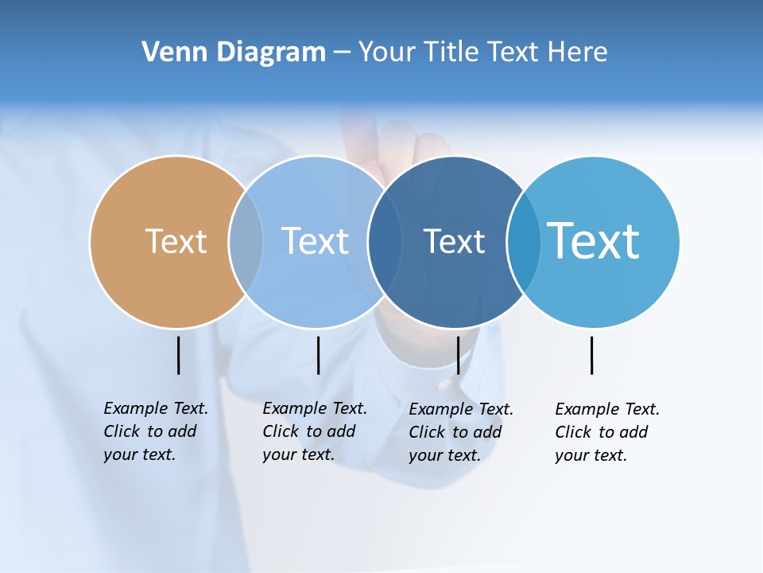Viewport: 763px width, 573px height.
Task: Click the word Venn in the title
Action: coord(167,53)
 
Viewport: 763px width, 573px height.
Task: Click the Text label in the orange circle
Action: coord(176,241)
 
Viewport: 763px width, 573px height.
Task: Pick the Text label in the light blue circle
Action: coord(315,241)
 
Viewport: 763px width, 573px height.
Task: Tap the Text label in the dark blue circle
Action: coord(454,241)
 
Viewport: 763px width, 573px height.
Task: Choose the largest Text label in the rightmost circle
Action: coord(594,241)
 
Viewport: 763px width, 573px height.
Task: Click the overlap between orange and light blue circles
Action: coord(246,241)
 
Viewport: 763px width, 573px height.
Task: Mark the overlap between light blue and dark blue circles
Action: coord(385,241)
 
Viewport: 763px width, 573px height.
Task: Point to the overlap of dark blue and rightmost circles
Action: coord(523,241)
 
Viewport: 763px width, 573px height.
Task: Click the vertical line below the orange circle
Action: coord(178,355)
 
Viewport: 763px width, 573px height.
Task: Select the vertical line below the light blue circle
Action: coord(318,355)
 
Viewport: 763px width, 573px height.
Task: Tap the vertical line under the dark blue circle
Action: coord(458,355)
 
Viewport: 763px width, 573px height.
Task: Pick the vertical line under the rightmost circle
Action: coord(591,355)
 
